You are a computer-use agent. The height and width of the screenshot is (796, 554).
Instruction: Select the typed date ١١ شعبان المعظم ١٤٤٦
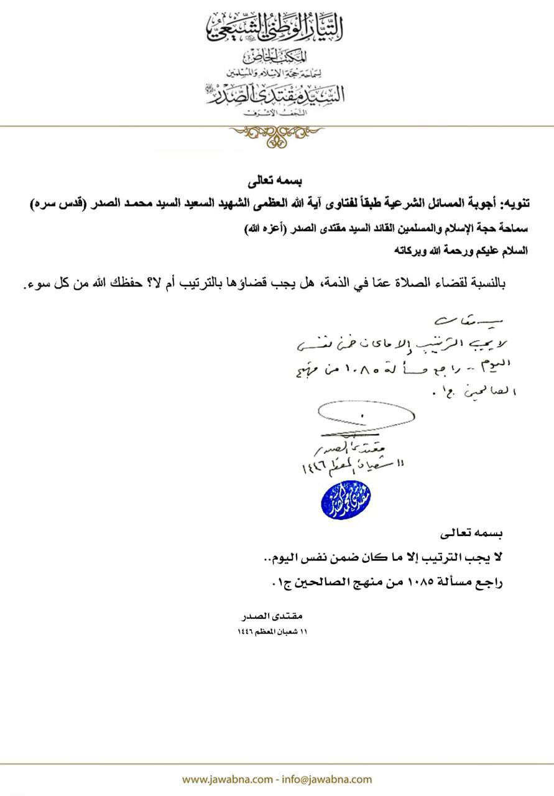click(274, 631)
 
